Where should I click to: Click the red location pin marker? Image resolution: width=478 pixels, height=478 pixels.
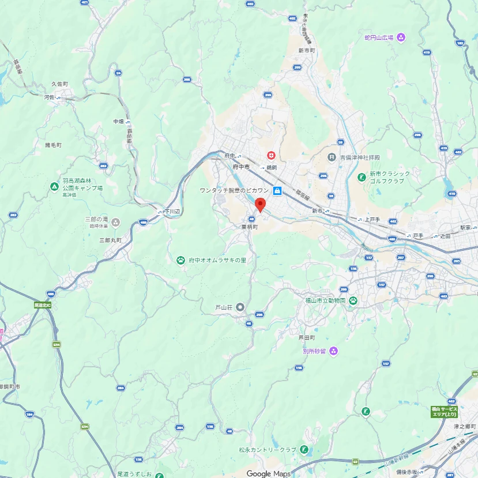pos(260,204)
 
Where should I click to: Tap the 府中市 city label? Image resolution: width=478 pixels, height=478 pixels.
pos(241,167)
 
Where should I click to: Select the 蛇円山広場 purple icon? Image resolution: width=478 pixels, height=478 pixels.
pos(401,37)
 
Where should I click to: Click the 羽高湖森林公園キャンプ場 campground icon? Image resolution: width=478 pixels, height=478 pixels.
pos(54,186)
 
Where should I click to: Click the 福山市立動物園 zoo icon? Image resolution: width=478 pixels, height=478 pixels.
pos(352,300)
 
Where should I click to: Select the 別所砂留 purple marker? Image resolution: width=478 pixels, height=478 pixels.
pos(333,351)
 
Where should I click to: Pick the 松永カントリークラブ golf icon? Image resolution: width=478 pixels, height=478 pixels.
pos(304,450)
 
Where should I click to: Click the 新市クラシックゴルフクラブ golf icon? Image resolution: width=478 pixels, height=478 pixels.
pos(362,177)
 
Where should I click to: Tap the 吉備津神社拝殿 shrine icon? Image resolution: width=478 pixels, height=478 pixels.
pos(332,157)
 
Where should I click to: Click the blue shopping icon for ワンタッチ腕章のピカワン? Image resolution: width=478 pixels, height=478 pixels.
pos(277,190)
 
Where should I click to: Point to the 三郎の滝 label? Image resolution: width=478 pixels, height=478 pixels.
pos(96,220)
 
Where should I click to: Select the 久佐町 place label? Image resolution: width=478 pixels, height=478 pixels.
pos(59,84)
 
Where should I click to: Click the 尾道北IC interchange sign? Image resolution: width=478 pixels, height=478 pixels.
pos(43,304)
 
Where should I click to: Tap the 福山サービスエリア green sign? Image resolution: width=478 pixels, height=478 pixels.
pos(444,412)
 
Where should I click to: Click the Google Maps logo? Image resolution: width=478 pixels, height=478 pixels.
pos(269,473)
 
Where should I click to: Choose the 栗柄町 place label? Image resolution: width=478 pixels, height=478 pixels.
pos(250,227)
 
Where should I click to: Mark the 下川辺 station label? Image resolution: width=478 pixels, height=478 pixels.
pos(172,212)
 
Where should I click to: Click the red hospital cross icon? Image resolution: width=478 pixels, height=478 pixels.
pos(271,156)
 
